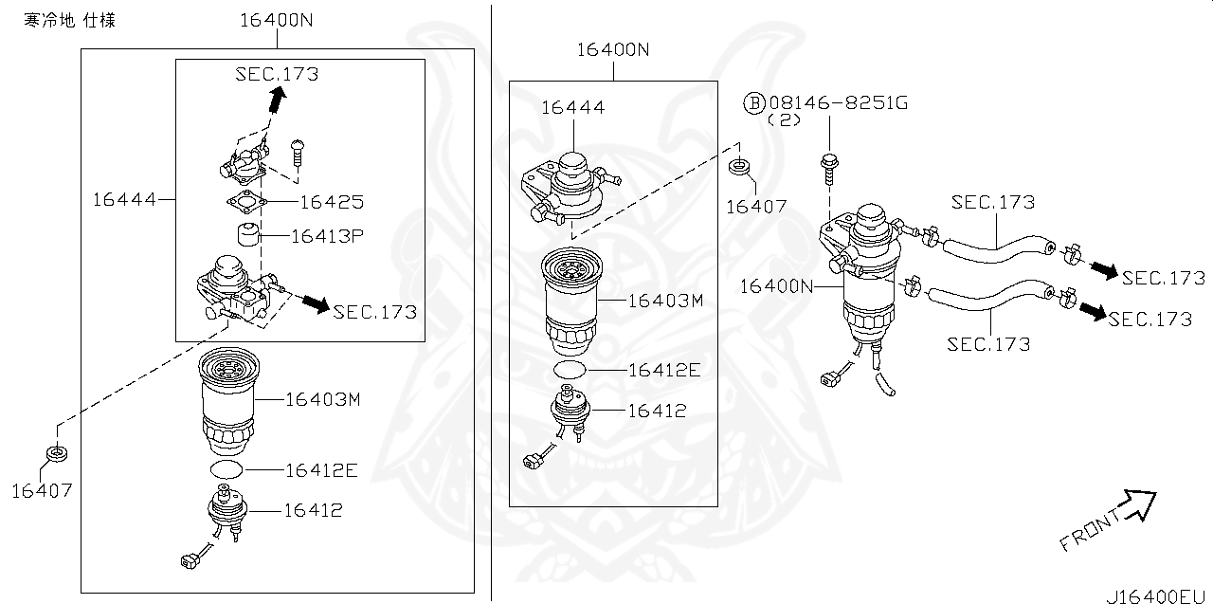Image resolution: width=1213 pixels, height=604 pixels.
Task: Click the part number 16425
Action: point(332,202)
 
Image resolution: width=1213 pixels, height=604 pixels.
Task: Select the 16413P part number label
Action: point(328,236)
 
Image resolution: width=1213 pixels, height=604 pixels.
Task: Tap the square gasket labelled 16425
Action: point(246,202)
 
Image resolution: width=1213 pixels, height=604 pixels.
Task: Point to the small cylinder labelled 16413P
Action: point(248,235)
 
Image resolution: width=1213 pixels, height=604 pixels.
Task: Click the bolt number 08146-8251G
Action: point(838,102)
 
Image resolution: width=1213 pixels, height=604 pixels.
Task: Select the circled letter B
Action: point(753,102)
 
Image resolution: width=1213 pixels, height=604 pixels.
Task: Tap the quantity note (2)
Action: point(785,120)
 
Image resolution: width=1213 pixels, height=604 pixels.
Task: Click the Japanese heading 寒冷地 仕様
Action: point(70,20)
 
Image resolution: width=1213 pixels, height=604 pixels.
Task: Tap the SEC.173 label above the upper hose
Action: point(993,202)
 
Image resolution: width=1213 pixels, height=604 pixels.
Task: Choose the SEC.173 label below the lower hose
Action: point(988,344)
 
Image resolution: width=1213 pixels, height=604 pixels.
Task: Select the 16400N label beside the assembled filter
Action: point(776,285)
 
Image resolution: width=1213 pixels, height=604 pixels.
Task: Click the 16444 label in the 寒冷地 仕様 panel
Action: point(123,199)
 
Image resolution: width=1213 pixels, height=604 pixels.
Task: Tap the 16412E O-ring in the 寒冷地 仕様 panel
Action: point(226,469)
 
